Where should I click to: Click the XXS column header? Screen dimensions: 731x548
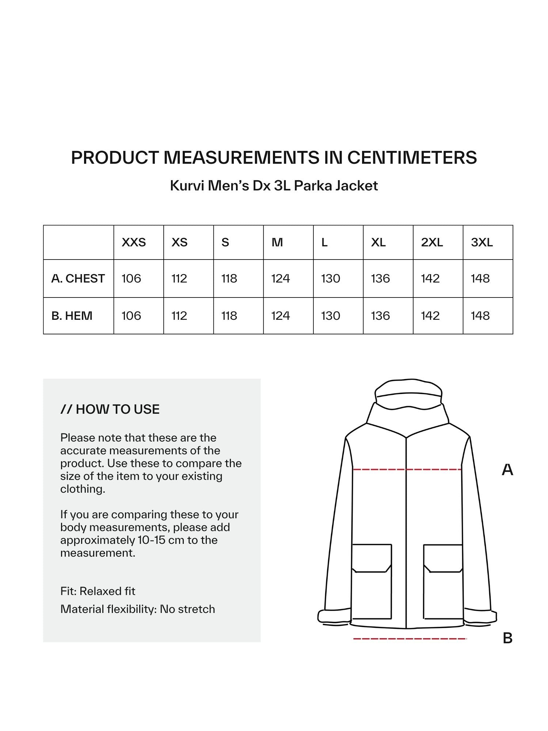coord(134,242)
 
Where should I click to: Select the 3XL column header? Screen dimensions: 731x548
coord(482,242)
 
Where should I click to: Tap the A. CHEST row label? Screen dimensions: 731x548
coord(78,279)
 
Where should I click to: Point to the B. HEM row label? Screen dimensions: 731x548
coord(72,316)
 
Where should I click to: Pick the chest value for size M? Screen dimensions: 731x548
coord(281,279)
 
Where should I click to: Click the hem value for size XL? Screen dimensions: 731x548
coord(380,316)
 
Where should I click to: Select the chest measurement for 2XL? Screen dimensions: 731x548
coord(430,279)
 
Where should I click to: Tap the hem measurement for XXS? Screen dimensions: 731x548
coord(131,316)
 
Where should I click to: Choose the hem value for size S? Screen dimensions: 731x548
coord(229,316)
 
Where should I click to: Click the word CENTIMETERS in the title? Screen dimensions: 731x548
coord(412,158)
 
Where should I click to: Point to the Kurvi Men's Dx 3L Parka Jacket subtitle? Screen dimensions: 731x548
coord(274,186)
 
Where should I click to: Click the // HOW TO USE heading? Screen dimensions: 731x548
coord(110,409)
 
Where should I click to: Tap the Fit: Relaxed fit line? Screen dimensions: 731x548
coord(98,591)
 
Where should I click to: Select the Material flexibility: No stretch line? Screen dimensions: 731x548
coord(138,609)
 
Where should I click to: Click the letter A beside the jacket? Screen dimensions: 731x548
coord(507,470)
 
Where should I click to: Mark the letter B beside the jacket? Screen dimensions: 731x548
coord(507,638)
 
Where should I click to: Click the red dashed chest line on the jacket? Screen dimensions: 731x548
coord(407,469)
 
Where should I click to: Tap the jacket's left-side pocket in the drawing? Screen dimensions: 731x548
coord(372,581)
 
